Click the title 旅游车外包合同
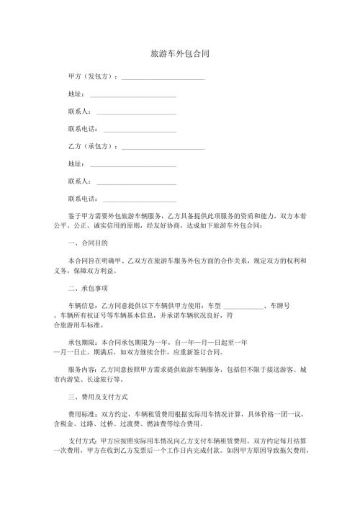(180, 54)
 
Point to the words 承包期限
(81, 341)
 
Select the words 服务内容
(81, 369)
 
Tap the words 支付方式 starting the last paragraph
(81, 441)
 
